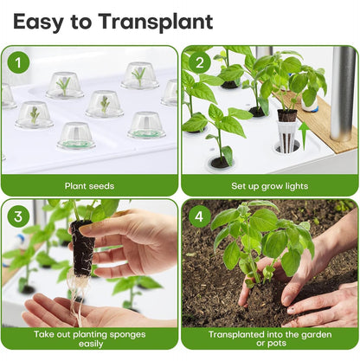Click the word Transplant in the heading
156,22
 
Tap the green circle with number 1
18,62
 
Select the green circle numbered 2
199,62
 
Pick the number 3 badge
18,216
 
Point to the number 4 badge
199,216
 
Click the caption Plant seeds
89,186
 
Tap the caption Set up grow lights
270,186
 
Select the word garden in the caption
316,334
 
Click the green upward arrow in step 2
303,136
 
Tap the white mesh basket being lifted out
286,136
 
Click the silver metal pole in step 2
343,93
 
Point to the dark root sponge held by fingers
83,248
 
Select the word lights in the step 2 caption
297,186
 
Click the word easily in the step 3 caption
91,344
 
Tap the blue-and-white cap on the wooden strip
310,106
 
